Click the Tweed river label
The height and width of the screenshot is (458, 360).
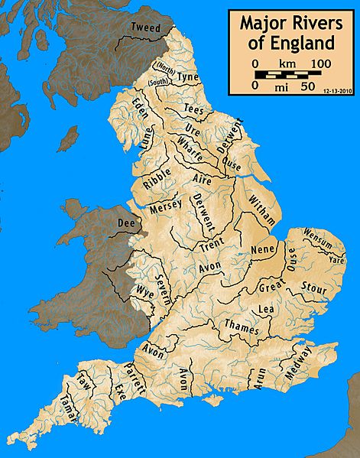click(146, 28)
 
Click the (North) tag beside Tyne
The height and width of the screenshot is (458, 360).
click(164, 67)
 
